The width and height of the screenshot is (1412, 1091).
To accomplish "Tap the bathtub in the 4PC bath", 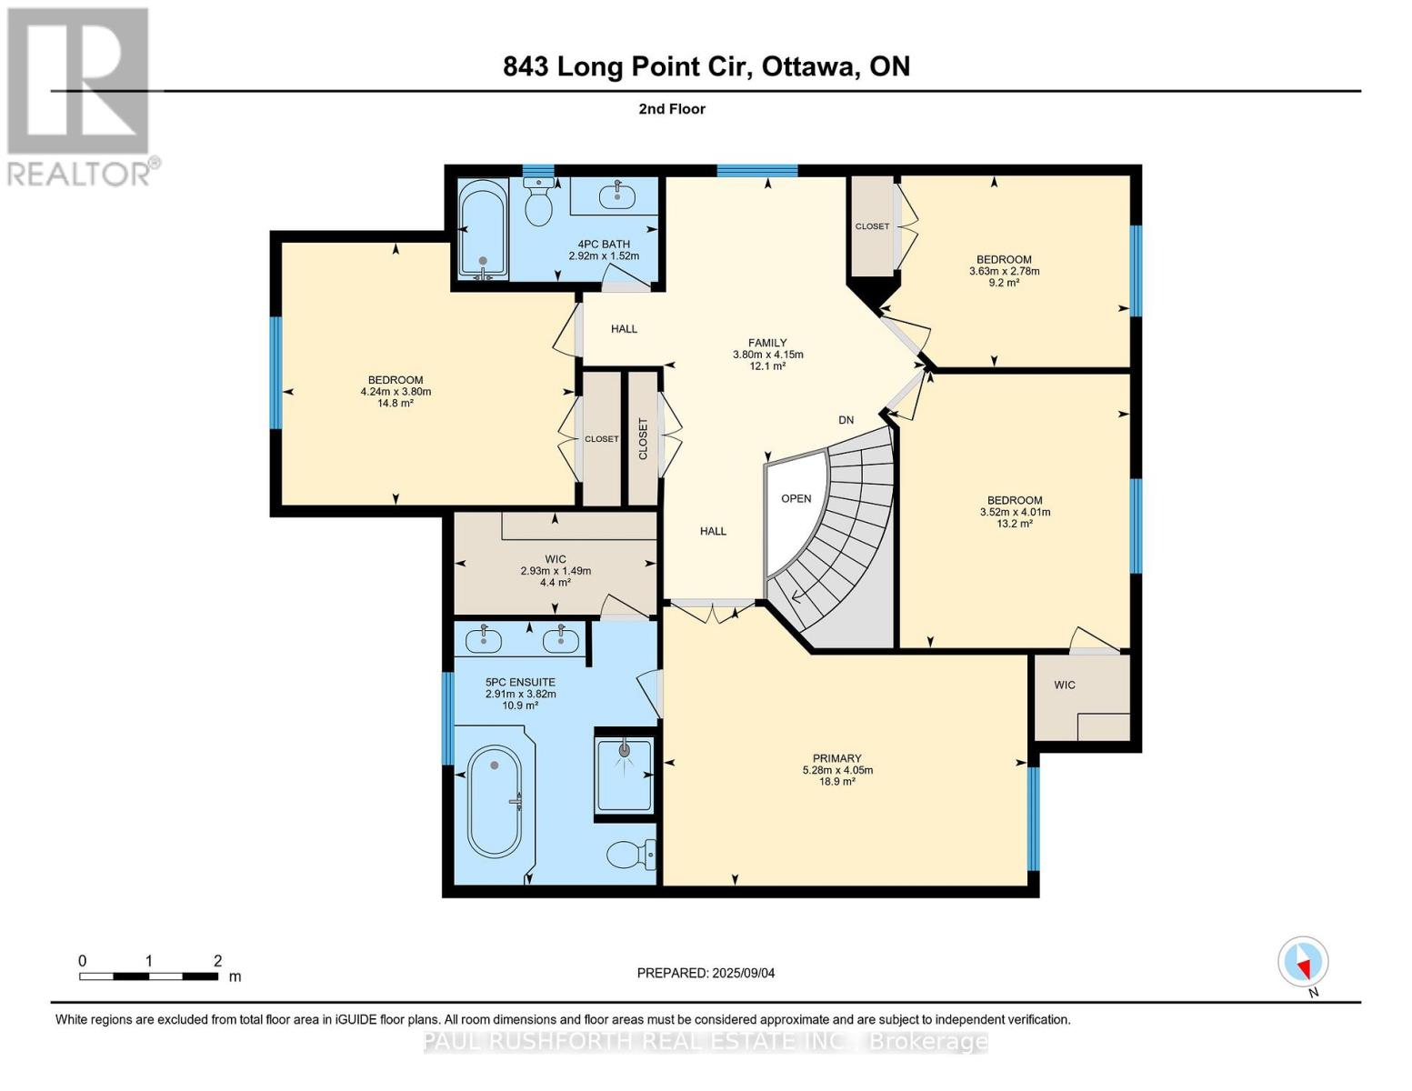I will point(482,227).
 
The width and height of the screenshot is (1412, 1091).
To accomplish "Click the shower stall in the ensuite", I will point(624,774).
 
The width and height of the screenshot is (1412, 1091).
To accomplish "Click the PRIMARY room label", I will point(836,758).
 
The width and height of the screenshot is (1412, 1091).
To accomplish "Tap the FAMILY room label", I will point(767,343).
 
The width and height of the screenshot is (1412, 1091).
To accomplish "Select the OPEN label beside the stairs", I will point(796,498).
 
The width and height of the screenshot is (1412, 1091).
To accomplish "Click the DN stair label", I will point(846,420).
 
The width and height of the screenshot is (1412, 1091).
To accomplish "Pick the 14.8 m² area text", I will point(395,404).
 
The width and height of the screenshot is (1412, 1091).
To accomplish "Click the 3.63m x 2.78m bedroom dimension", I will point(1004,271).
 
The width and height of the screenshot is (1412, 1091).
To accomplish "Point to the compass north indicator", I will point(1303,962).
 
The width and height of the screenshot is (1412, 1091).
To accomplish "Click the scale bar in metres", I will point(148,976).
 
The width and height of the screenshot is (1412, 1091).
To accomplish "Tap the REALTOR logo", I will point(78,95).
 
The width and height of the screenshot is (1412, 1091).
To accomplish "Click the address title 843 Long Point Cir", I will point(706,66).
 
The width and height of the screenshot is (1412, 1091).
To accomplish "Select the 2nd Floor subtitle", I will point(672,109).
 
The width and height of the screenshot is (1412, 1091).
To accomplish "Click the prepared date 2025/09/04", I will point(706,973).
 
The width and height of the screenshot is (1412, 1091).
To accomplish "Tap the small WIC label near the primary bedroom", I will point(1064,685).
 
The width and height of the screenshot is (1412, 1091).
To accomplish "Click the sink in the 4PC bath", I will point(617,194).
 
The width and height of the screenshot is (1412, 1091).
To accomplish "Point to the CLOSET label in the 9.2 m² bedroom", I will point(872,226).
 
